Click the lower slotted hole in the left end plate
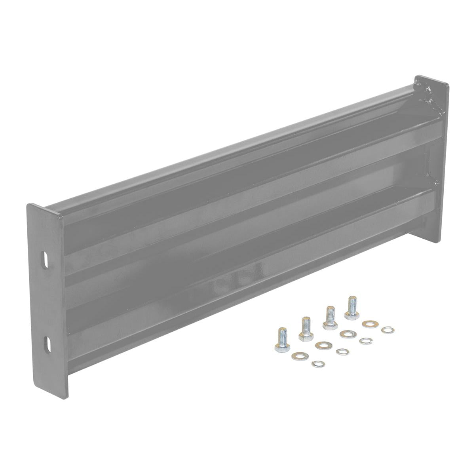coord(46,342)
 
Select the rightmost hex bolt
coord(351,308)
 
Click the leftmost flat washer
coord(297,356)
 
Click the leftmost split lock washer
coord(317,364)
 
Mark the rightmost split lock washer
coord(388,329)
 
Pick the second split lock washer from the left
coord(342,351)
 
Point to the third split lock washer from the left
coord(365,340)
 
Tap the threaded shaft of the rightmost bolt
coord(351,304)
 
